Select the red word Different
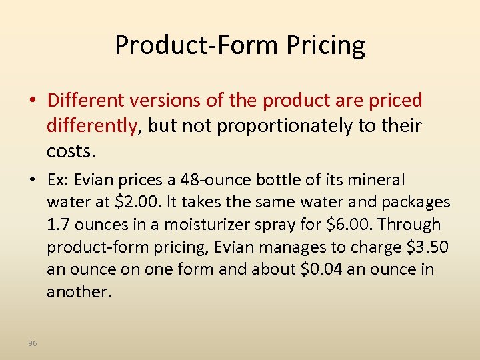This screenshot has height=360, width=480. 82,101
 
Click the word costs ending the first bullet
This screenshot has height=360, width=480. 70,151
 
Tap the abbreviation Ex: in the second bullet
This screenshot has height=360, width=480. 59,180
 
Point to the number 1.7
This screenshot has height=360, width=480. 59,224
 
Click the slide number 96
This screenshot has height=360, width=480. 33,343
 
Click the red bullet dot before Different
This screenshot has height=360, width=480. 33,101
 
